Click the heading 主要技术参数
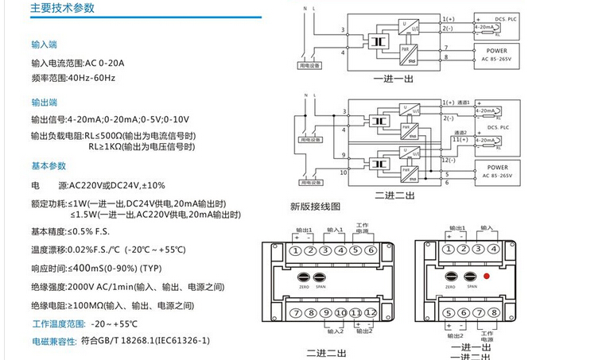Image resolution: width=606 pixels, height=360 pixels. [x=62, y=9]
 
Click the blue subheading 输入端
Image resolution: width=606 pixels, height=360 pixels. [x=44, y=45]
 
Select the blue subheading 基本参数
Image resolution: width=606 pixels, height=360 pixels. [x=49, y=166]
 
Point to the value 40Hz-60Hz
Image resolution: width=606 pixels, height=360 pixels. [x=86, y=78]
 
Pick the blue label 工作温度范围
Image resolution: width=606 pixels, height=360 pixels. [x=58, y=323]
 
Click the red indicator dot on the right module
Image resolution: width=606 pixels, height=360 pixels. [x=484, y=278]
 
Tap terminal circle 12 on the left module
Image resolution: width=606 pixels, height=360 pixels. [x=369, y=313]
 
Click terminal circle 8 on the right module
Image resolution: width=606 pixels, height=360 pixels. [x=494, y=312]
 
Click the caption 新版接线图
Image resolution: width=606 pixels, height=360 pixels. [x=315, y=206]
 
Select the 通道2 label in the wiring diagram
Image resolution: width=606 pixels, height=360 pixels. [x=460, y=133]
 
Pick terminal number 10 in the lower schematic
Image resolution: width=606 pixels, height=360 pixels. [x=344, y=172]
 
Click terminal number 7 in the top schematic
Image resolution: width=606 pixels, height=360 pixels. [x=445, y=48]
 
